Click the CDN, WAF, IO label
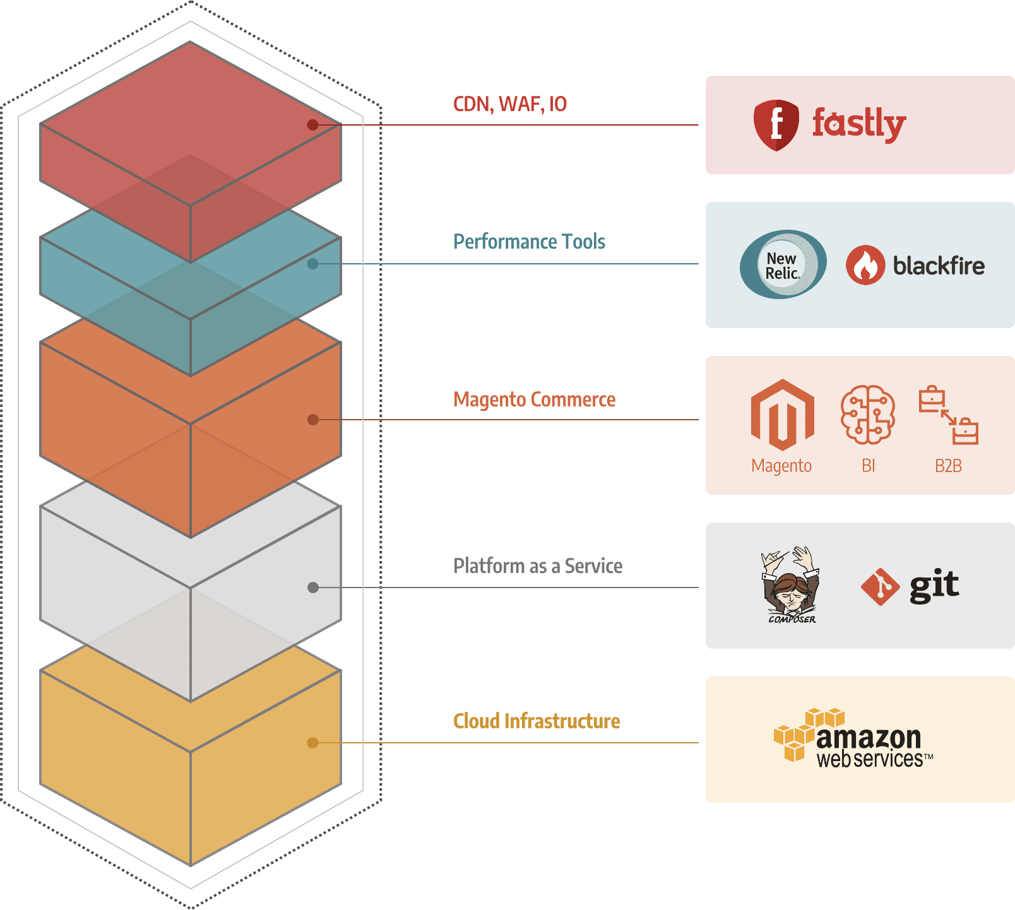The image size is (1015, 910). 509,104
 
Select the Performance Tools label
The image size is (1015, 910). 529,242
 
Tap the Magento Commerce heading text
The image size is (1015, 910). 534,399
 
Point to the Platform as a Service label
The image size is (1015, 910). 537,566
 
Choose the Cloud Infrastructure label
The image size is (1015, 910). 536,721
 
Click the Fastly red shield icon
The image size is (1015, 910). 776,125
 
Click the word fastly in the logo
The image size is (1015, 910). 858,123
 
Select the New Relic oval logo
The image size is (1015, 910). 783,264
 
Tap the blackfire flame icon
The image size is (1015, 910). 865,265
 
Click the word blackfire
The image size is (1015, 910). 938,266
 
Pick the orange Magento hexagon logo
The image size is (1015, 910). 782,415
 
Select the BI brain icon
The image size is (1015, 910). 868,415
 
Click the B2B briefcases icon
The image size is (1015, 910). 948,415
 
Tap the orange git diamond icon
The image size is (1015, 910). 879,587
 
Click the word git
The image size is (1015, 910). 934,586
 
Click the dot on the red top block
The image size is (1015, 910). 312,125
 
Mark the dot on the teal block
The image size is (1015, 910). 312,264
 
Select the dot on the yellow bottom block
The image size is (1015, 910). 312,743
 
